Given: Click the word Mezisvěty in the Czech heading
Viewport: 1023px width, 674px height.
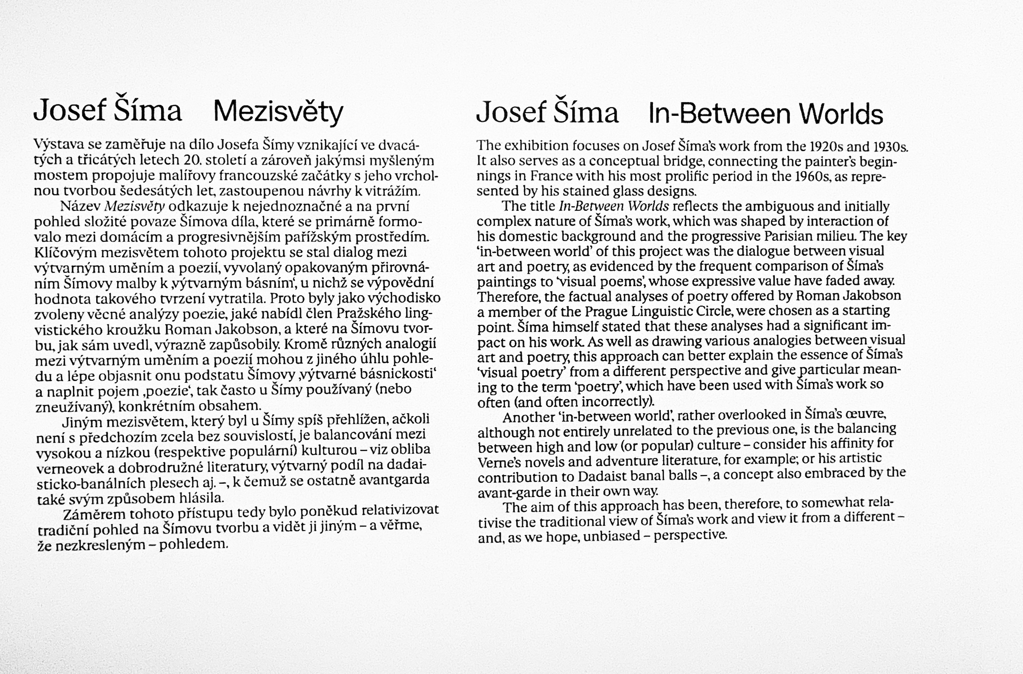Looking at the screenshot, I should click(278, 112).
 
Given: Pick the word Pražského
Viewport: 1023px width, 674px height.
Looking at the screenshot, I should click(374, 313).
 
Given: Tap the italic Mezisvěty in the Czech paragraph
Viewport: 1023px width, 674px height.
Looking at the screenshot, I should click(134, 207).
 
